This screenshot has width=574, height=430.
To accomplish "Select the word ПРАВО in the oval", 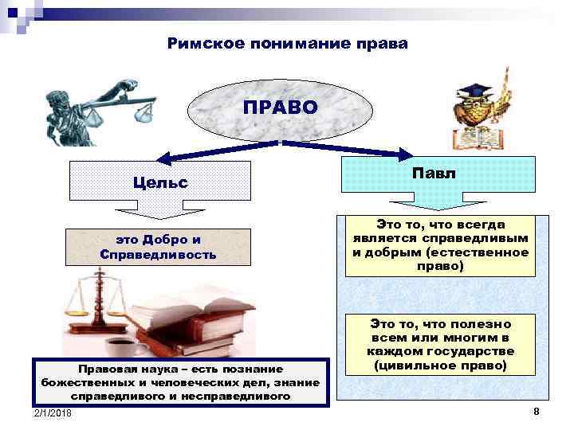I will [280, 107].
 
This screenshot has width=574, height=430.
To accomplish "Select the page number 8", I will [537, 411].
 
